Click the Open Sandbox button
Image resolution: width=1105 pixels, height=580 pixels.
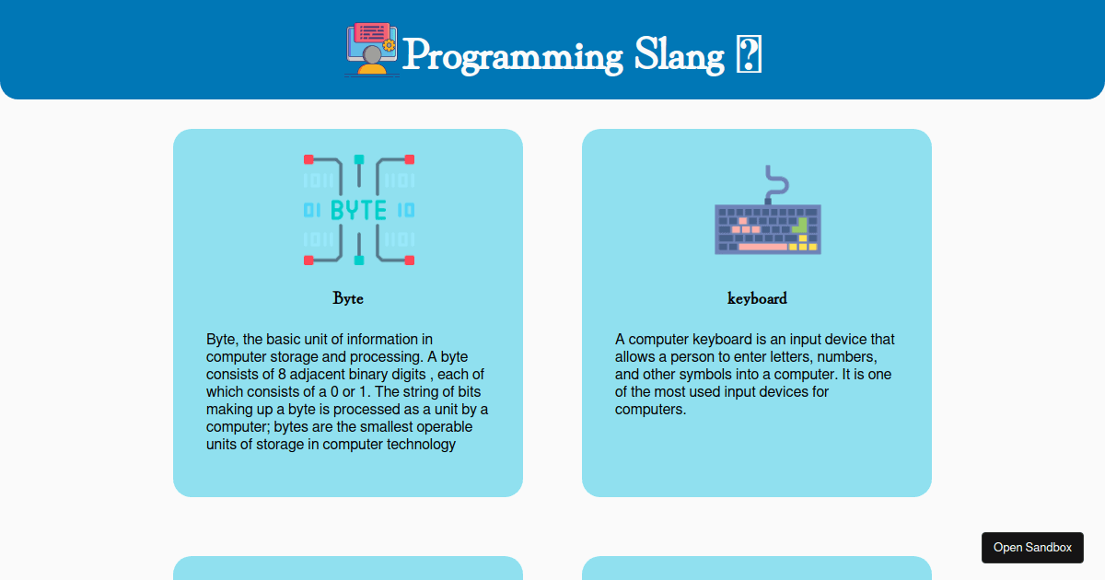click(1032, 548)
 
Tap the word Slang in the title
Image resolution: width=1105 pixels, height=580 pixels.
click(680, 56)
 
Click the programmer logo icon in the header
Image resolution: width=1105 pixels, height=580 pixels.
click(372, 50)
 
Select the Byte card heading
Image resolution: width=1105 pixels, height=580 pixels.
click(348, 298)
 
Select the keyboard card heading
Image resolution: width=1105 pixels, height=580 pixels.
click(757, 298)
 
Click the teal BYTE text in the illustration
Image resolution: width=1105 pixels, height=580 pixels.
click(358, 211)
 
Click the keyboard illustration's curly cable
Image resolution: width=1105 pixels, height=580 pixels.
click(776, 183)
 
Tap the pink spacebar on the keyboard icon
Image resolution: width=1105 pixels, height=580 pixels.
click(762, 247)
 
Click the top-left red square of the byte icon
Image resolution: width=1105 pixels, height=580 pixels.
click(308, 159)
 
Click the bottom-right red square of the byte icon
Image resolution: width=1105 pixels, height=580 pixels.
click(410, 261)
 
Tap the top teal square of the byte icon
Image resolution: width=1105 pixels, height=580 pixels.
click(359, 159)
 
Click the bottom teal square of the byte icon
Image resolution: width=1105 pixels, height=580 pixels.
click(359, 261)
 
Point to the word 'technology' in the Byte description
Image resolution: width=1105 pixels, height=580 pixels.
click(421, 445)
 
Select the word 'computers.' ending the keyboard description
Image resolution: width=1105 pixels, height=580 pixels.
click(650, 410)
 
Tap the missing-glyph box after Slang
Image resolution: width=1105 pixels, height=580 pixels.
click(749, 54)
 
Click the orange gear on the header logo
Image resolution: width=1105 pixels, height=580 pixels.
click(389, 45)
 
